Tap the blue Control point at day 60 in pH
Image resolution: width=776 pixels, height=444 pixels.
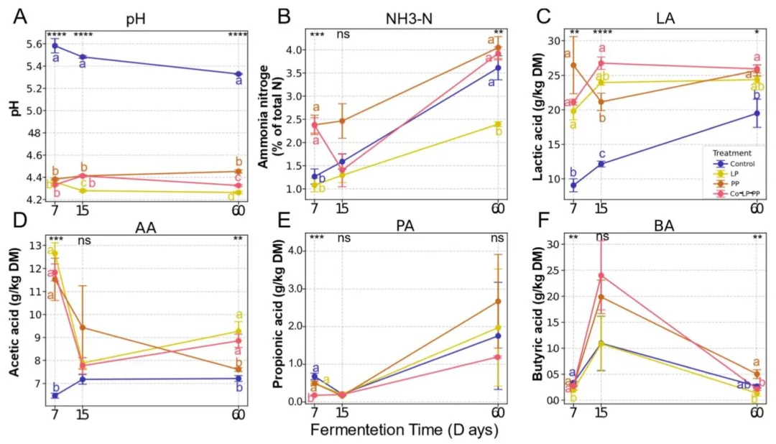pyautogui.click(x=239, y=74)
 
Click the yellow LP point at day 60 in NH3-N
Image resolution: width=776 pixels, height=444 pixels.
pyautogui.click(x=498, y=124)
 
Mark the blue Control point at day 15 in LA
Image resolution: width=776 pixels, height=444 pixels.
pyautogui.click(x=601, y=164)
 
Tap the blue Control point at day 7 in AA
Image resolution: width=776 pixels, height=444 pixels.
pyautogui.click(x=55, y=395)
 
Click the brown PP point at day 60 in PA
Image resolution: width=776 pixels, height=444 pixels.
pyautogui.click(x=498, y=301)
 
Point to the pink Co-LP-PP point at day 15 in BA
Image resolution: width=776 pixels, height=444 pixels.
pyautogui.click(x=601, y=275)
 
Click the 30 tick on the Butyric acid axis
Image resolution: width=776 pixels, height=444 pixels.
pyautogui.click(x=549, y=245)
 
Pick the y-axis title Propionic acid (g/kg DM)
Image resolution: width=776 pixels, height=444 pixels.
pyautogui.click(x=278, y=323)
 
